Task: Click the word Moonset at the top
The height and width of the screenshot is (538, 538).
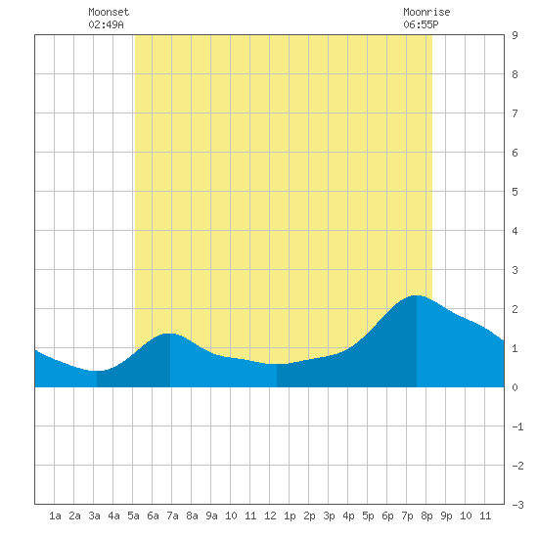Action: [109, 12]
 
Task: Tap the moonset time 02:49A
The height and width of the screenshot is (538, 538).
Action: [106, 24]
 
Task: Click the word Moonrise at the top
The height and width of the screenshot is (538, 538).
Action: [426, 12]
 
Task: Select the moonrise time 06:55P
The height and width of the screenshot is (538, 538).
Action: [421, 24]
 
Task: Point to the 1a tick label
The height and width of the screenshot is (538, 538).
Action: [55, 516]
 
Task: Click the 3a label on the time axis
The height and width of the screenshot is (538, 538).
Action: [94, 516]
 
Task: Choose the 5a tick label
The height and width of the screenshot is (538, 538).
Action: [133, 516]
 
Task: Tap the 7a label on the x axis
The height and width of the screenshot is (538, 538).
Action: [172, 516]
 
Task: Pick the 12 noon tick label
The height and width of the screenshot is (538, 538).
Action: [270, 516]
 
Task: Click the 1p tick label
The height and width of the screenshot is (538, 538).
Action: [290, 516]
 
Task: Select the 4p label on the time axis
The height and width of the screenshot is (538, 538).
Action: [348, 516]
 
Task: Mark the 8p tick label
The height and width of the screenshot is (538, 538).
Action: [426, 516]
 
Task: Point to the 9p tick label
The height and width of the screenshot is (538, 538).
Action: [446, 516]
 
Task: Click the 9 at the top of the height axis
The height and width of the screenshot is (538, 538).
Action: [515, 35]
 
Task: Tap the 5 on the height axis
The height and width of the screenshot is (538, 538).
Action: [515, 192]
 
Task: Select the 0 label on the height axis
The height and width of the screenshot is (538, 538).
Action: [515, 387]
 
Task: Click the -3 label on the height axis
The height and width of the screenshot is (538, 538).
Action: [517, 505]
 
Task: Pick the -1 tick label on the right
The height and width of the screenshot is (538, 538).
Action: [517, 426]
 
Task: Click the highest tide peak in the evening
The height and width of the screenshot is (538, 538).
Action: [416, 295]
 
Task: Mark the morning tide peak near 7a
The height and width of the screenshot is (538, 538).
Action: [169, 334]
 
